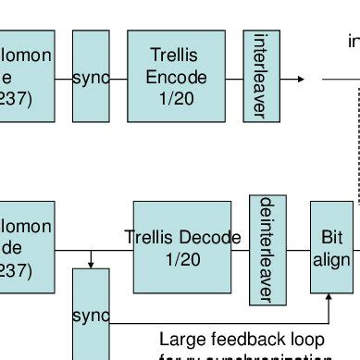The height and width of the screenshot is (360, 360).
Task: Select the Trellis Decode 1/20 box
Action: (x=182, y=246)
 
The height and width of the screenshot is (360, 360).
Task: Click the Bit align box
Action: (x=331, y=247)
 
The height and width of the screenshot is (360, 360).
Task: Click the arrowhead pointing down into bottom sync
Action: (x=91, y=264)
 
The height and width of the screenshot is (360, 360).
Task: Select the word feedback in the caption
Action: (x=247, y=340)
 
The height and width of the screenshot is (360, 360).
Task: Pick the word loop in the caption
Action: (x=309, y=340)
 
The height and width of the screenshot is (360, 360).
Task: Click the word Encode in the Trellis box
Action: (x=176, y=78)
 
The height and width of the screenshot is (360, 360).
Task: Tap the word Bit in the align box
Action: (x=331, y=238)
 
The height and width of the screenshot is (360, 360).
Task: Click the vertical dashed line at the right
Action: (x=358, y=139)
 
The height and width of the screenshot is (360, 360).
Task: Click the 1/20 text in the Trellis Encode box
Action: (x=176, y=99)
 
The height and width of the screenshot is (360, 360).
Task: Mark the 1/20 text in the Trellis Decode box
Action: (x=182, y=260)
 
